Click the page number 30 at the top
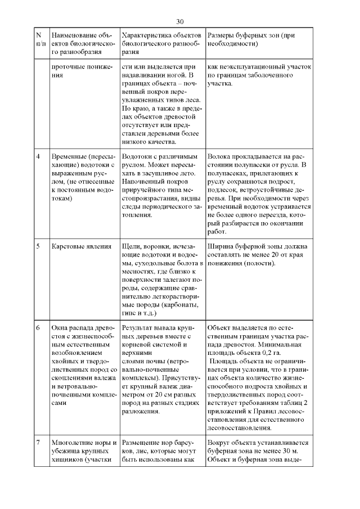(180, 22)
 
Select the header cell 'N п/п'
(41, 39)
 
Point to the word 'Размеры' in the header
(220, 35)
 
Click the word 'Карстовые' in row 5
(68, 246)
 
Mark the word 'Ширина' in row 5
(220, 246)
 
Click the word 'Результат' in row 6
(137, 327)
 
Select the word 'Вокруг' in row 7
(219, 443)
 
